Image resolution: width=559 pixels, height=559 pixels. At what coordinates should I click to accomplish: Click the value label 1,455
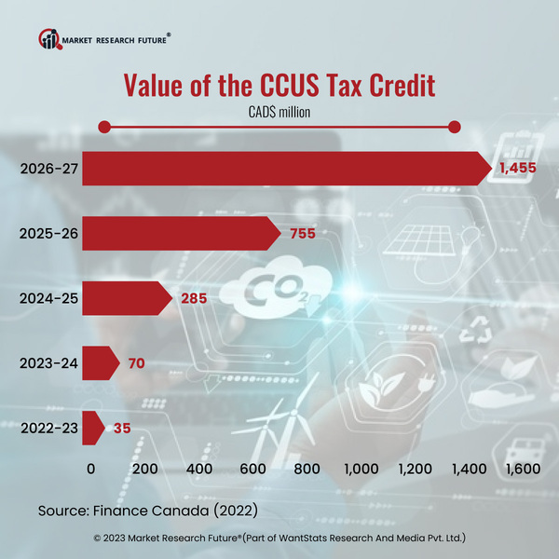click(519, 169)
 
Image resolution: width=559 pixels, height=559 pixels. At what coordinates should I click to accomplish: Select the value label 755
click(303, 234)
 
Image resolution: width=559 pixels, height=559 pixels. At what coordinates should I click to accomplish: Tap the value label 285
click(193, 299)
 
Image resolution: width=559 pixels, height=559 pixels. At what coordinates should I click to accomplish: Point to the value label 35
click(122, 429)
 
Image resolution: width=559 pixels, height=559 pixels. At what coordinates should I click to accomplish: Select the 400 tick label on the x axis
click(199, 469)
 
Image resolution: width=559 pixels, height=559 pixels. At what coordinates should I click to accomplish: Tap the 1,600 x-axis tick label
click(522, 469)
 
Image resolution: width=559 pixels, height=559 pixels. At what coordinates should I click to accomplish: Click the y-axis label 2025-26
click(48, 234)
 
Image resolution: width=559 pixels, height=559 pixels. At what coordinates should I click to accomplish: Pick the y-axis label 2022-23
click(48, 429)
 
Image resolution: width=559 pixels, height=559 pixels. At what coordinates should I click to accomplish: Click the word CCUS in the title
click(296, 87)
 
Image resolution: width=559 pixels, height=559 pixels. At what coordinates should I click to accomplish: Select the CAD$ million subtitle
click(279, 112)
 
